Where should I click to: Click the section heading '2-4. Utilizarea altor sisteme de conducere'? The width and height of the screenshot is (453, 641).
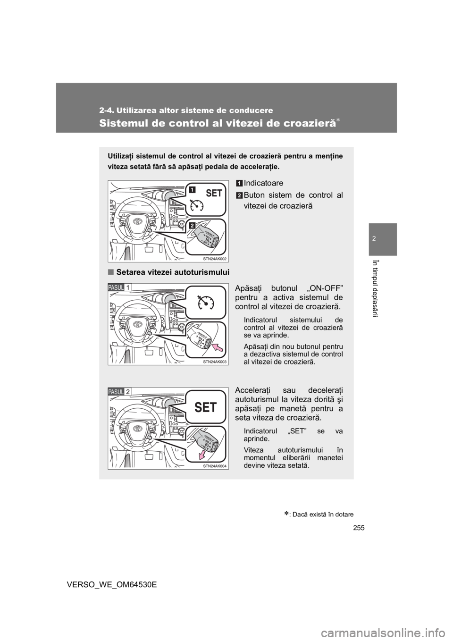tap(186, 110)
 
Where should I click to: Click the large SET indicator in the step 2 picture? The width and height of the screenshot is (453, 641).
tap(205, 407)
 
